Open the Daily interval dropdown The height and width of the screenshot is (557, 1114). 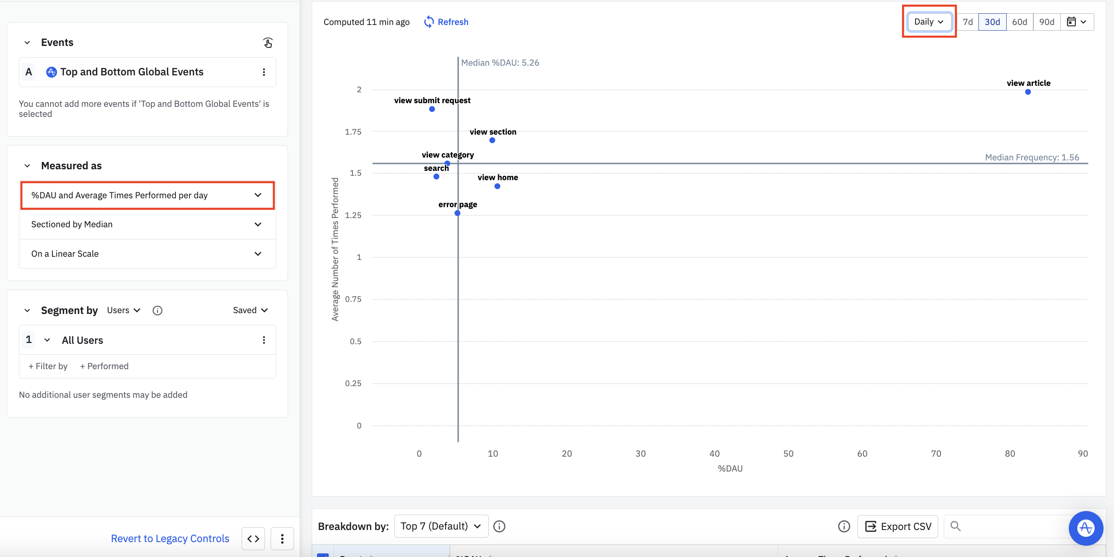[928, 22]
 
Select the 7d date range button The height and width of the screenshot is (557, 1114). [968, 22]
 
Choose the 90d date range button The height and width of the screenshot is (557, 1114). [1046, 22]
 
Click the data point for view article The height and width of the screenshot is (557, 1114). [1028, 92]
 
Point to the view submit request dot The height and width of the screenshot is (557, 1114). [432, 109]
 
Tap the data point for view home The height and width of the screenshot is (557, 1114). [497, 186]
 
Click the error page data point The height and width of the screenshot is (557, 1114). [457, 213]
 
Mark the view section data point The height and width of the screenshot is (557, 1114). [492, 140]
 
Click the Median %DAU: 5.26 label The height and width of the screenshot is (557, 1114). [500, 62]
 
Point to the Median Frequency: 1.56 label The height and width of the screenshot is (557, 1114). [1031, 157]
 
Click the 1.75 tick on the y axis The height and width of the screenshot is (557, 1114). [353, 132]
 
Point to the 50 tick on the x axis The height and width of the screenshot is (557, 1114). [788, 454]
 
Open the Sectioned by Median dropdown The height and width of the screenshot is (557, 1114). [147, 224]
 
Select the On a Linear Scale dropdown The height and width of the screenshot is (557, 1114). [147, 254]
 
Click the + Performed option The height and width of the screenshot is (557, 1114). [104, 366]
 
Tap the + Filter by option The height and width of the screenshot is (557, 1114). [48, 366]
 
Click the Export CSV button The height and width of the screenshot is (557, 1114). [897, 526]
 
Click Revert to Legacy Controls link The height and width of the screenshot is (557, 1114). [170, 538]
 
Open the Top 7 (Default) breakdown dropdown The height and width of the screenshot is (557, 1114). [441, 526]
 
